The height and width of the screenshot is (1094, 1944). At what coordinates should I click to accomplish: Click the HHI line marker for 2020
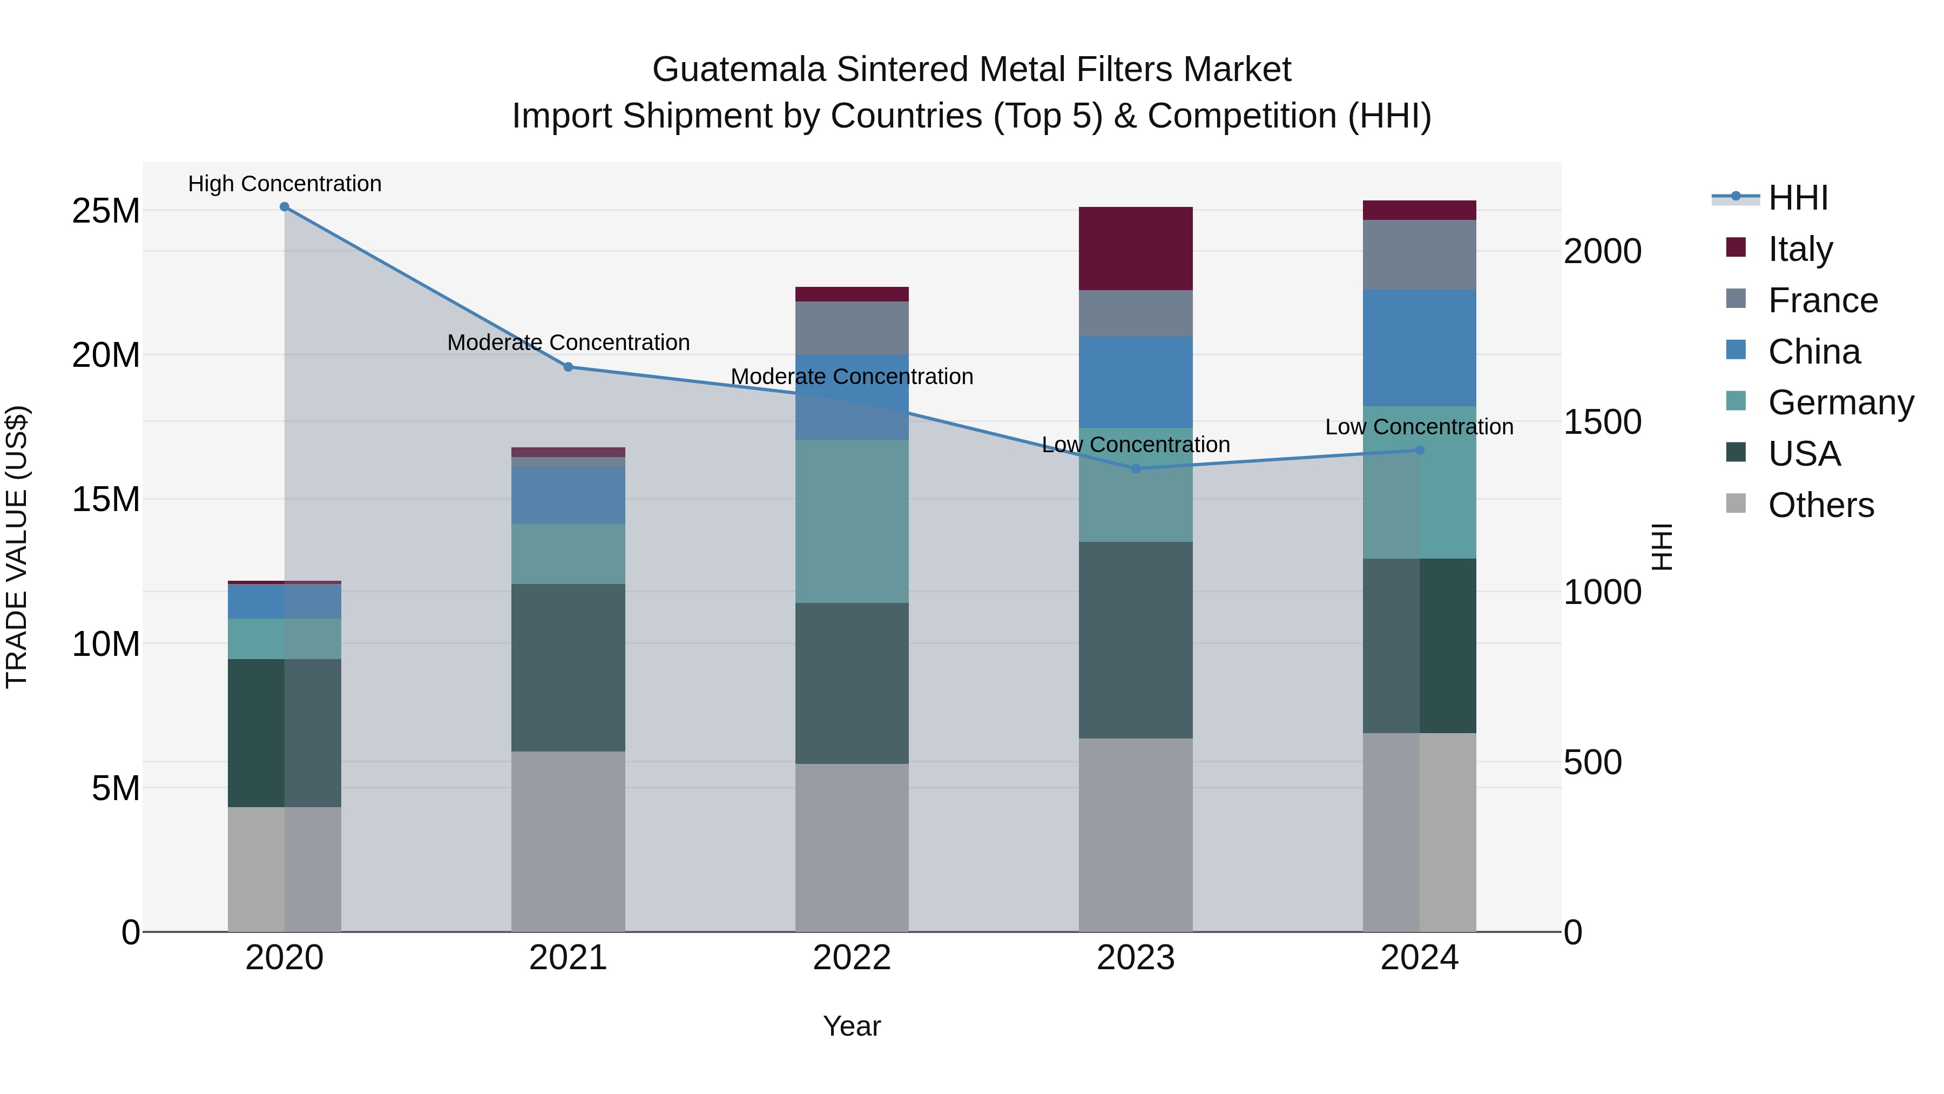pos(285,207)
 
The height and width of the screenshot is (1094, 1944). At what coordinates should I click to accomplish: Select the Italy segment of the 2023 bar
pos(1136,249)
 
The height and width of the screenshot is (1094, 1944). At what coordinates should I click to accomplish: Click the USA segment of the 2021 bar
pos(568,667)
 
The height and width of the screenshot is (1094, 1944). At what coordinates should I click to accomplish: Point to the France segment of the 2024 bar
pos(1420,254)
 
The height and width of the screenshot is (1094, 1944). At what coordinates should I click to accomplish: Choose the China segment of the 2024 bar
pos(1420,348)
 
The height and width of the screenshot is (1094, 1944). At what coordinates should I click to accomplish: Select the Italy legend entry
pos(1800,249)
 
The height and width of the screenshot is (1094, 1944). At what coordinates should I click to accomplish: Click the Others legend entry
pos(1820,505)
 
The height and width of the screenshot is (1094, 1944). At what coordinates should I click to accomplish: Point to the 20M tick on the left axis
pos(106,355)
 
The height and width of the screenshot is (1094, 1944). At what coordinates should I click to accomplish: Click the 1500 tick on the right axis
pos(1602,422)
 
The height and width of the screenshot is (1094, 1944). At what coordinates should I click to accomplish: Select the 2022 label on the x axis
pos(852,958)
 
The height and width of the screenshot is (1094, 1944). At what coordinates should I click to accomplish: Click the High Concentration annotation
pos(285,184)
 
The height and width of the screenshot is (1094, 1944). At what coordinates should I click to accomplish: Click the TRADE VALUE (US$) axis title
pos(17,547)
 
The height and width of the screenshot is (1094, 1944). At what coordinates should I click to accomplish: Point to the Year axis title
pos(852,1026)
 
